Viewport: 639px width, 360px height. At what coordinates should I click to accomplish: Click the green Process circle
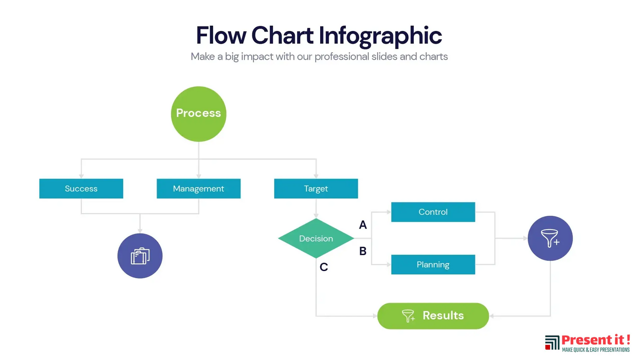(x=199, y=114)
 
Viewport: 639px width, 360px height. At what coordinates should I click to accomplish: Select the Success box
(x=81, y=189)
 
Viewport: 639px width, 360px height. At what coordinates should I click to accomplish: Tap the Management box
(x=199, y=189)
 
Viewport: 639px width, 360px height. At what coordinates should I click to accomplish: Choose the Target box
(x=316, y=189)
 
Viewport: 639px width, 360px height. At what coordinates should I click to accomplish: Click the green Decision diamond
(x=316, y=238)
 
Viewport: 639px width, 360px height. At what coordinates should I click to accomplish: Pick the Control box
(x=433, y=212)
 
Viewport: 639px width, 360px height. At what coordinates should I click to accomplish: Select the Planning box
(x=433, y=264)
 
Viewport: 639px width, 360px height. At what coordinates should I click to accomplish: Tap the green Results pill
(x=433, y=316)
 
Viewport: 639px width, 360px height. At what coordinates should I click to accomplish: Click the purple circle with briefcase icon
(x=140, y=256)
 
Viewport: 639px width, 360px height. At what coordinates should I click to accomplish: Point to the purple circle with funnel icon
(x=550, y=238)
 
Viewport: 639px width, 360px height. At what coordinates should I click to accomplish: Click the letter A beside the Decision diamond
(x=363, y=225)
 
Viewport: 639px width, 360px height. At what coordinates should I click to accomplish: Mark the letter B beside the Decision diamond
(x=363, y=251)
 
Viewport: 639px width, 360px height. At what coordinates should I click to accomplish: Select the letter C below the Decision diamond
(x=324, y=267)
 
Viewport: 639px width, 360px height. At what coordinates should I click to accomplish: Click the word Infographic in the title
(x=381, y=35)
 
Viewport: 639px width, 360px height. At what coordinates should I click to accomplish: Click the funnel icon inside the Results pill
(x=408, y=316)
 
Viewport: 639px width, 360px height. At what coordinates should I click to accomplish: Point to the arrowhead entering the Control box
(x=389, y=212)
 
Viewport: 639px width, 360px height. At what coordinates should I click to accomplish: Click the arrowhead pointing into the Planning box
(x=389, y=264)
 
